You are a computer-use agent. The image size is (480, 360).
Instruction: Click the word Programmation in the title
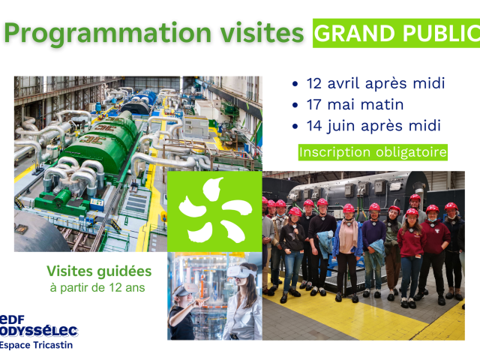(x=108, y=34)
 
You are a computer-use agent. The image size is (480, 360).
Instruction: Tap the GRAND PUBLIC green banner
(x=397, y=33)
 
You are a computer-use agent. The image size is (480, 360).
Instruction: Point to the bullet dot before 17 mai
(x=295, y=105)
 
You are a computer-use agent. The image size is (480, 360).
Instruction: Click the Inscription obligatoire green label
(x=373, y=152)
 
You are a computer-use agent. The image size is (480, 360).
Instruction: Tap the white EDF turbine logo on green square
(x=215, y=210)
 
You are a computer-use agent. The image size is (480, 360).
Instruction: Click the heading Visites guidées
(x=99, y=271)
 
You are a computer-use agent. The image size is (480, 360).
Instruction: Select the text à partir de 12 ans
(x=97, y=288)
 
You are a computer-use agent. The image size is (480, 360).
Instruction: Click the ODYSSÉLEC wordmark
(x=39, y=331)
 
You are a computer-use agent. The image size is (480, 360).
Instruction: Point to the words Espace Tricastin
(x=37, y=345)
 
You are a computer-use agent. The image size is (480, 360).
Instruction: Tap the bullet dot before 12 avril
(x=295, y=84)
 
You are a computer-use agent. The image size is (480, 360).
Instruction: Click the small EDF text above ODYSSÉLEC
(x=12, y=319)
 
